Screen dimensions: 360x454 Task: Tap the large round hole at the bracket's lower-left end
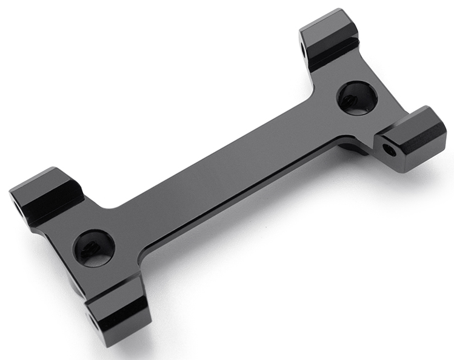point(93,247)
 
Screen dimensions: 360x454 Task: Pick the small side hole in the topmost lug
point(302,45)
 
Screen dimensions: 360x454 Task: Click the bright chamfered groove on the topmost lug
point(332,48)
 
